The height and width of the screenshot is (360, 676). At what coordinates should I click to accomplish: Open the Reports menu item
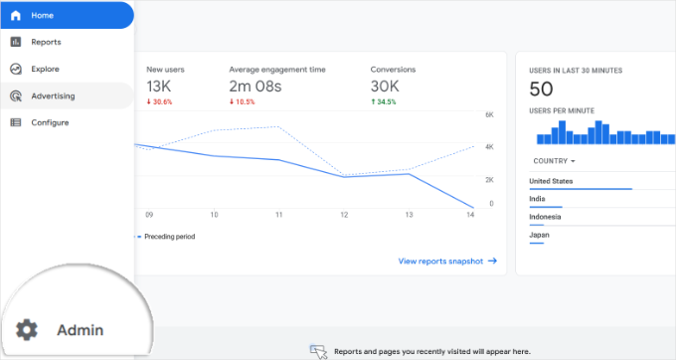point(45,42)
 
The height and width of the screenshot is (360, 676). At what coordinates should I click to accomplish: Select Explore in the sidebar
point(45,69)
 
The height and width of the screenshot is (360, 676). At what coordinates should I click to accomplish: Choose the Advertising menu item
point(52,95)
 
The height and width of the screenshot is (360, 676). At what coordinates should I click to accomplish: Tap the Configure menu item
point(49,122)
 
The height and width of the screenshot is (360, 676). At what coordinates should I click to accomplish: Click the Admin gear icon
point(27,329)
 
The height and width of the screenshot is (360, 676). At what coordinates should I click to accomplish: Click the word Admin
point(80,329)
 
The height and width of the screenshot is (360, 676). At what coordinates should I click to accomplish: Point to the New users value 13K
point(160,87)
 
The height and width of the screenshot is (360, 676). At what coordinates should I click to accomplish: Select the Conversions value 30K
point(388,87)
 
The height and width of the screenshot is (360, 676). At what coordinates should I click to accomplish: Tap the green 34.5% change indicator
point(386,102)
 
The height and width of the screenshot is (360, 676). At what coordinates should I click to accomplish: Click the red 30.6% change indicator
point(160,102)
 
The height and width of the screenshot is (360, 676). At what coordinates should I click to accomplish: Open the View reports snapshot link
point(447,261)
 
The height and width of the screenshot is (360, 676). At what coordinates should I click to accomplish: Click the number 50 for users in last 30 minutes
point(542,90)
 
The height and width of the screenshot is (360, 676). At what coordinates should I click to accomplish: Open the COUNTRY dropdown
point(555,160)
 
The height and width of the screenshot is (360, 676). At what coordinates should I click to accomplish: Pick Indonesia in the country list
point(545,217)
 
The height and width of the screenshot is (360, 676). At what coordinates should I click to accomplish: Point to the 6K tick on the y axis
point(488,115)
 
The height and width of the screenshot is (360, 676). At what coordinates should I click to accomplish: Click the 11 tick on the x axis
point(279,215)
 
